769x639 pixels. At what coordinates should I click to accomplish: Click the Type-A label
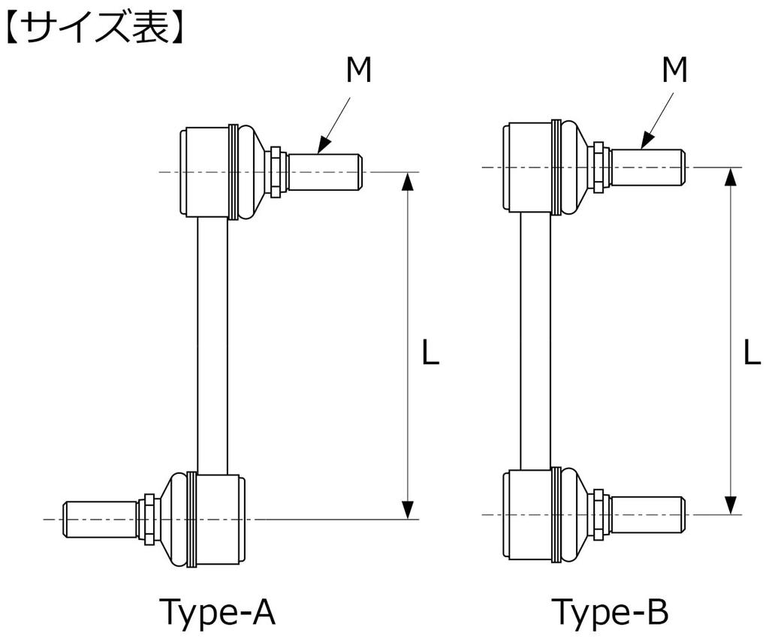pos(217,612)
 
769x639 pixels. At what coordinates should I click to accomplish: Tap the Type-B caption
pos(609,612)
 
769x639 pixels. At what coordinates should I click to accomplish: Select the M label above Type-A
pos(358,71)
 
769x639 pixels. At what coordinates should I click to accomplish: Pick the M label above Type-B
pos(674,71)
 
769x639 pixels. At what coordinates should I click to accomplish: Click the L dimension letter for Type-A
pos(430,353)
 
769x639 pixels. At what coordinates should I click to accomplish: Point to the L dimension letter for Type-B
pos(751,353)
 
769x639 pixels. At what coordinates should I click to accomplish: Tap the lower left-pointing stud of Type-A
pos(101,519)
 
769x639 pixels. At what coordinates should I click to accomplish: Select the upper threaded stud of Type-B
pos(647,167)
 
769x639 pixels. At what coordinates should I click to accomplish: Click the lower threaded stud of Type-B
pos(647,514)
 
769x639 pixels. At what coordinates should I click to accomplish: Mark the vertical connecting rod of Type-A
pos(213,345)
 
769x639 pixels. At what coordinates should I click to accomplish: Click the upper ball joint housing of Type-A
pos(206,172)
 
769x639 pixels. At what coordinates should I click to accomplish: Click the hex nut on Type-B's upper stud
pos(599,167)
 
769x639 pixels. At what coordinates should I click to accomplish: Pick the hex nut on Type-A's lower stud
pos(149,519)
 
